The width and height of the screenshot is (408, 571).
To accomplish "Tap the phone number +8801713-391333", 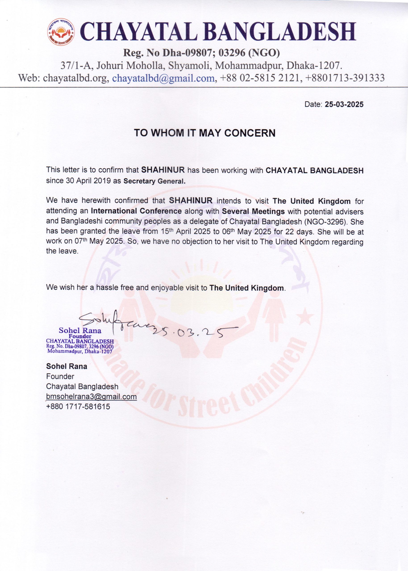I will coord(345,78).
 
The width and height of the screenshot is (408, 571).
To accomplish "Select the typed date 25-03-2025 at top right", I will coord(344,105).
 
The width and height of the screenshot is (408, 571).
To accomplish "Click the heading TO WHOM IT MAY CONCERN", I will coord(205,133).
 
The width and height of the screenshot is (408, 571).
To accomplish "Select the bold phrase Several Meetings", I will coord(253,211).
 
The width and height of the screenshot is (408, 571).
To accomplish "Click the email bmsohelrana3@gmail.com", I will coord(92,397).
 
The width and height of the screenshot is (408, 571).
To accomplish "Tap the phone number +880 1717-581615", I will coord(78,407).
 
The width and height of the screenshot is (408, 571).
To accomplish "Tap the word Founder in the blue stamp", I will coord(80,336).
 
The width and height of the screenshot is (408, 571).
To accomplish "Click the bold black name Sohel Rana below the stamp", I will coord(67,366).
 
